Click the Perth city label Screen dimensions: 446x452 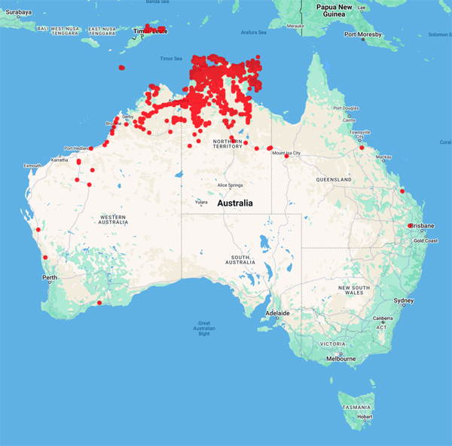50,278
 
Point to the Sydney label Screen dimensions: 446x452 404,301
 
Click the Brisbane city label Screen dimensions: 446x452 423,226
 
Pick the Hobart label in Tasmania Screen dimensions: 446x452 365,417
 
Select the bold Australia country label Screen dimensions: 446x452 234,203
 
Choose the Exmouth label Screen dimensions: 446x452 33,165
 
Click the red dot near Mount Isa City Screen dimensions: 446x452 286,156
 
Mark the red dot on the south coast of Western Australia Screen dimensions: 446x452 99,303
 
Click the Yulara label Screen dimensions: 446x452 201,202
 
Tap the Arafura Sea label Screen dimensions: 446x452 253,32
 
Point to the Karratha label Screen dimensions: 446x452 60,160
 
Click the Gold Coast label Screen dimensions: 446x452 426,240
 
